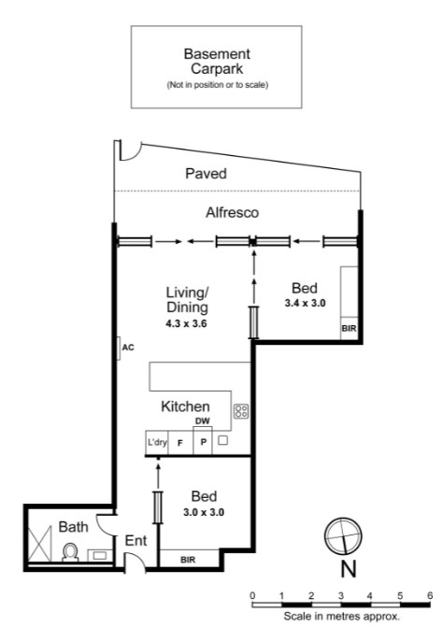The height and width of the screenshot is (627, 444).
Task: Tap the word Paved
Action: (206, 174)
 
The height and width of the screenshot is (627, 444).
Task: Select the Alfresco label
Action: (232, 213)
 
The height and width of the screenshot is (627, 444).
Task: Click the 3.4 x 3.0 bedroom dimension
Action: (305, 303)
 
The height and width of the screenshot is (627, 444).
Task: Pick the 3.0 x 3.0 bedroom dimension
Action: (204, 512)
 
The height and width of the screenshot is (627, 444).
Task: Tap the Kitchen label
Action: (185, 406)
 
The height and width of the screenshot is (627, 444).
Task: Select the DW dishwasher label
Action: (202, 421)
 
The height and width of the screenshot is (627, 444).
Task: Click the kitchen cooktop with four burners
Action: (240, 410)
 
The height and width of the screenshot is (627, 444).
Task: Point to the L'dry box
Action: (155, 443)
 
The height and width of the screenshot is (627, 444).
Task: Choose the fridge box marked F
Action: (179, 443)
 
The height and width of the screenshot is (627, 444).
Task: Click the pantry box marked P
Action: (202, 443)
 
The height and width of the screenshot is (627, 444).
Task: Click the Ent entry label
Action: (135, 540)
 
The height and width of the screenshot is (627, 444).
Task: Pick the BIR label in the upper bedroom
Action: (348, 330)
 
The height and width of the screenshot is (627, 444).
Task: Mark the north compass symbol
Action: (340, 536)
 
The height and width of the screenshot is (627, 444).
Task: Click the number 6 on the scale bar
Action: (429, 594)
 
